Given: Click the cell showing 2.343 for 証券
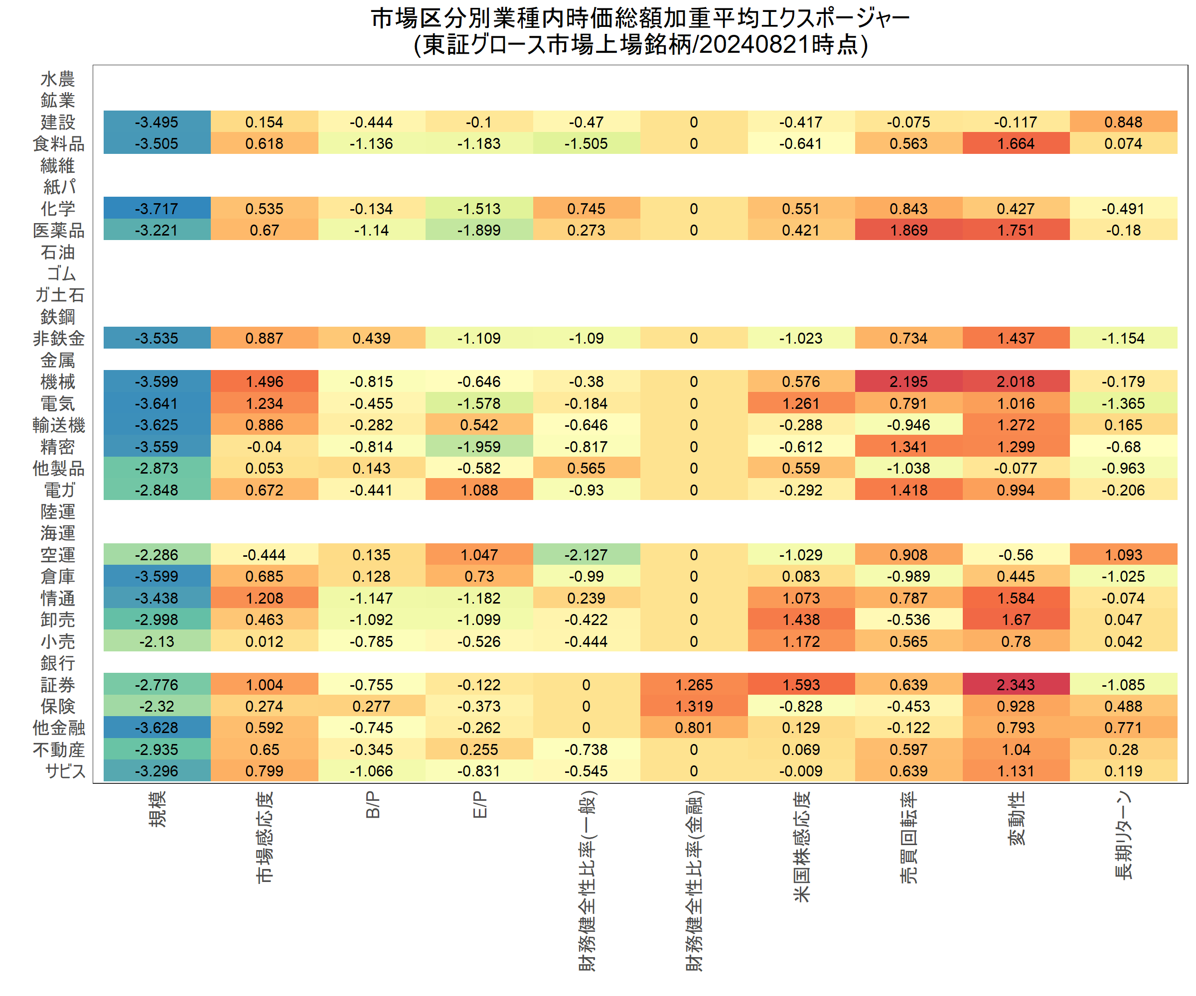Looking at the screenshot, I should point(1016,685).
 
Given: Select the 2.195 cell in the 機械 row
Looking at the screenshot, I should point(908,381).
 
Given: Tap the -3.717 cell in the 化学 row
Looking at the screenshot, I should point(156,208).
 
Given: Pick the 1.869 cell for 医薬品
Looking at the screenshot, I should point(908,230).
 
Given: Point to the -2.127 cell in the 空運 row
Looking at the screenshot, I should point(586,554).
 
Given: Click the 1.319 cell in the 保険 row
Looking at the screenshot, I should point(693,706).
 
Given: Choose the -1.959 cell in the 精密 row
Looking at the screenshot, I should point(478,447).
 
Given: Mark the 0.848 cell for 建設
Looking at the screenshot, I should point(1123,122).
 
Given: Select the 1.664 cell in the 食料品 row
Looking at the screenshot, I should point(1016,143).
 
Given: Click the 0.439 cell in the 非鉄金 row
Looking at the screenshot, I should point(371,338).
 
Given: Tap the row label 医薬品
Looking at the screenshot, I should point(59,230).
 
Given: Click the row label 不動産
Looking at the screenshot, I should point(59,749).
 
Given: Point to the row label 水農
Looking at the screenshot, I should point(57,79).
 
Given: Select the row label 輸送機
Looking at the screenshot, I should point(59,425).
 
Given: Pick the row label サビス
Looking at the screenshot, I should point(65,771).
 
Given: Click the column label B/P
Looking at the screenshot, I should point(372,805).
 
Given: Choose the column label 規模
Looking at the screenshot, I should point(157,808).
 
